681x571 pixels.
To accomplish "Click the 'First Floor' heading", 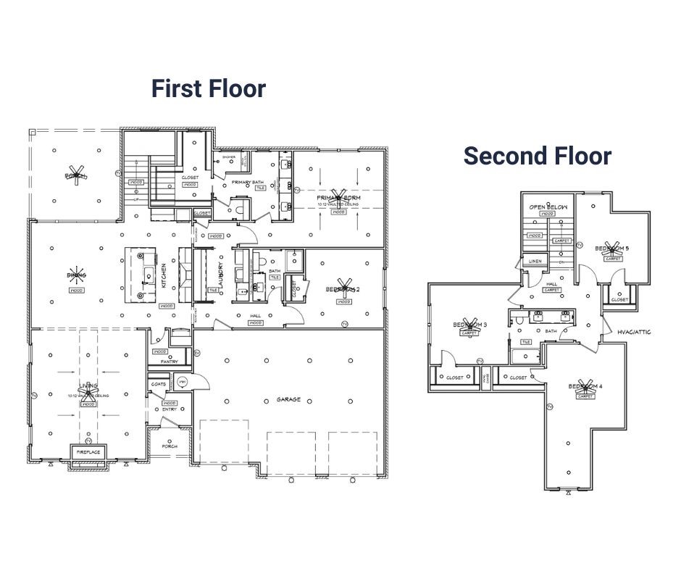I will (x=209, y=88).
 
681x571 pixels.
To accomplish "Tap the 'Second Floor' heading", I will (x=538, y=156).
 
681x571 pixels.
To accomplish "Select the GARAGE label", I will (x=288, y=399).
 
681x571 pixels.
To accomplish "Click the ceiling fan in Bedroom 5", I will (x=612, y=248).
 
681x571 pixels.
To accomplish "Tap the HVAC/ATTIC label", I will (x=634, y=332).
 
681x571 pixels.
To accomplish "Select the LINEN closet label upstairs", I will (x=535, y=261).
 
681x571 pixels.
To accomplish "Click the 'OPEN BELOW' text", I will (x=548, y=207).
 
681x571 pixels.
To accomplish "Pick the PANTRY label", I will (x=170, y=362).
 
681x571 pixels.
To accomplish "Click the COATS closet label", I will (x=159, y=384).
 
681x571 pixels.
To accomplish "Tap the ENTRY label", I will (x=169, y=409).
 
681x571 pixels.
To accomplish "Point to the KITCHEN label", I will (x=164, y=276).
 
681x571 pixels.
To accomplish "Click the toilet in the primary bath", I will (x=238, y=208).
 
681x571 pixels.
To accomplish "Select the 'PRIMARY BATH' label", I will (x=246, y=181).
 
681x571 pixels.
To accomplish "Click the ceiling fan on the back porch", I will (x=75, y=175).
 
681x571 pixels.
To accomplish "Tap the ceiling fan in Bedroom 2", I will (x=343, y=288).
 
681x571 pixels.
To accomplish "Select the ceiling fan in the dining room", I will (x=76, y=275).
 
